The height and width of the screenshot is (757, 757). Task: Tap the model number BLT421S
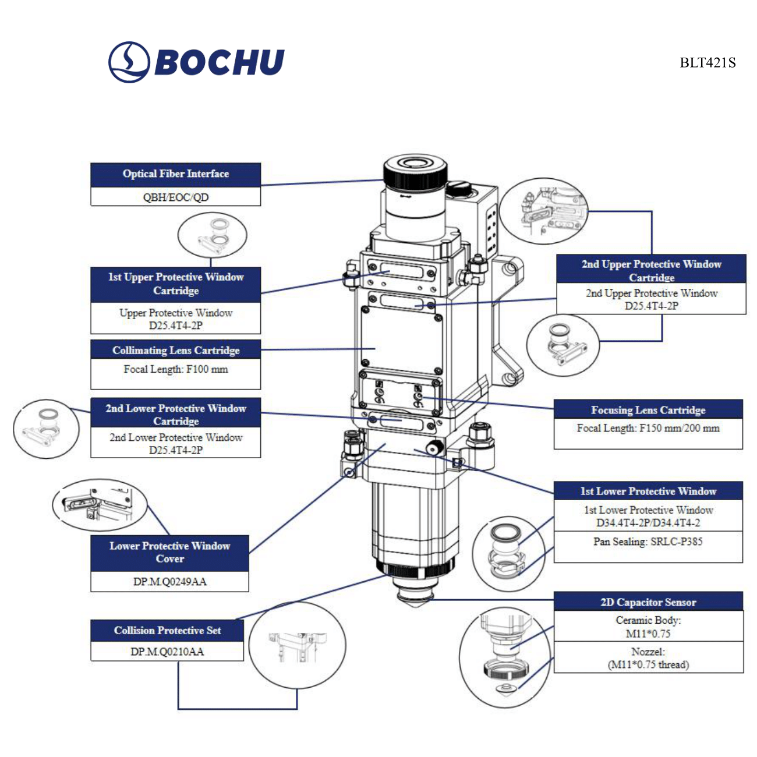coord(708,63)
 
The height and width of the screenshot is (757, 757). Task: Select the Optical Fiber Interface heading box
coord(175,174)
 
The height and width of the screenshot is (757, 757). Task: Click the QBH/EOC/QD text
coord(175,197)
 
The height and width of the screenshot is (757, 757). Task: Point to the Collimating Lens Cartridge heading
coord(175,350)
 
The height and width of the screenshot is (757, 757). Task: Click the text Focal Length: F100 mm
coord(175,369)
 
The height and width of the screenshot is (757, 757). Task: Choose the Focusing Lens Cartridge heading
coord(648,410)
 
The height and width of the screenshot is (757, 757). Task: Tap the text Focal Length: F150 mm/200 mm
coord(648,429)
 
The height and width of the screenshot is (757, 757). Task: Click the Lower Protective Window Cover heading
coord(169,552)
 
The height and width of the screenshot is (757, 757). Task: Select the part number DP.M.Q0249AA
coord(169,582)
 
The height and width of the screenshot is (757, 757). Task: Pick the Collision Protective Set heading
coord(167,630)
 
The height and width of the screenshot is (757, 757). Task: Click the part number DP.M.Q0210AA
coord(167,652)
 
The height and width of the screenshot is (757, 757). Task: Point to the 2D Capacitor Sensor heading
coord(648,602)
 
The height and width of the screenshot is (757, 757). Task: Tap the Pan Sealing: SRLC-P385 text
coord(648,542)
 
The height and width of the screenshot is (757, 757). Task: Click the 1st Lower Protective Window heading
coord(648,491)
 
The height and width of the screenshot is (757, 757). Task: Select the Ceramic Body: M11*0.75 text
coord(648,627)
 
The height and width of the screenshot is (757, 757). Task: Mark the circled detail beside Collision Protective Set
coord(297,646)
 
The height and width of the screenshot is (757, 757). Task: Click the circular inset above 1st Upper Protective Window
coord(212,235)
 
